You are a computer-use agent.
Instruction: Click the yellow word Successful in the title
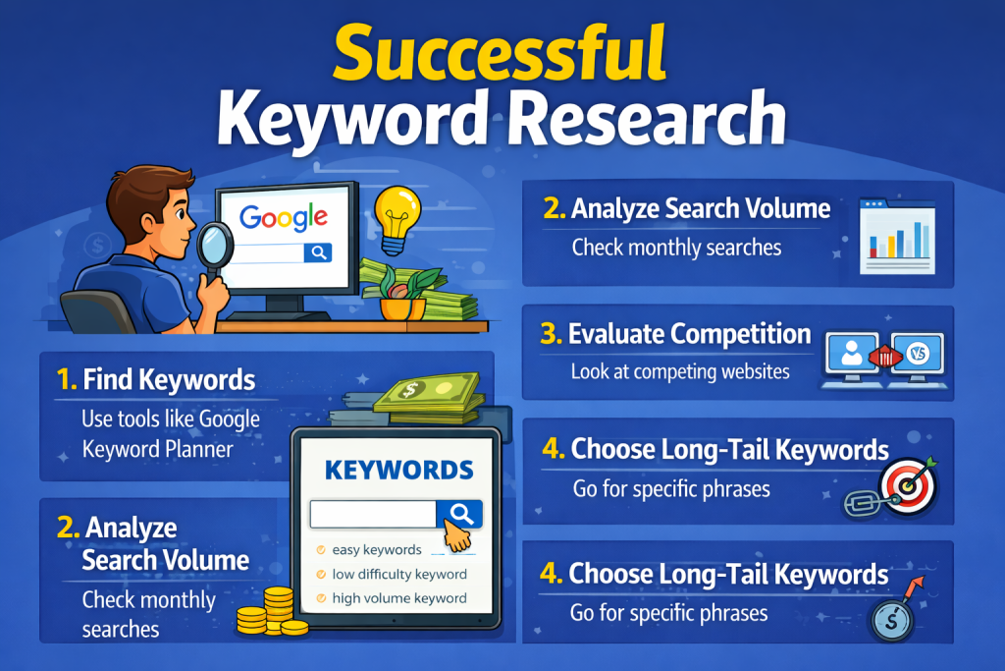point(500,53)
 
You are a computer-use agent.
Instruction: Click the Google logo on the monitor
point(284,218)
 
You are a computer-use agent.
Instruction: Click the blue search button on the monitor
point(318,252)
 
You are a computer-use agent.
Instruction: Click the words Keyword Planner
point(158,449)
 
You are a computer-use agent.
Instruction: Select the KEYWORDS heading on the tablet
point(398,471)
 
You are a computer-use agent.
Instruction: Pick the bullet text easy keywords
point(377,550)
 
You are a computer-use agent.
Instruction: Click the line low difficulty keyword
point(399,574)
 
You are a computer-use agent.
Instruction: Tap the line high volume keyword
point(399,598)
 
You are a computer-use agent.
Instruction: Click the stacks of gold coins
point(273,613)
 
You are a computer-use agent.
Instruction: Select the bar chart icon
point(897,236)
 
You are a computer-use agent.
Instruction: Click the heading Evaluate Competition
point(690,334)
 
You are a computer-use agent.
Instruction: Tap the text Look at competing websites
point(680,371)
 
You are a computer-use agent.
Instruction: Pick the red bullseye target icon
point(908,486)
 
